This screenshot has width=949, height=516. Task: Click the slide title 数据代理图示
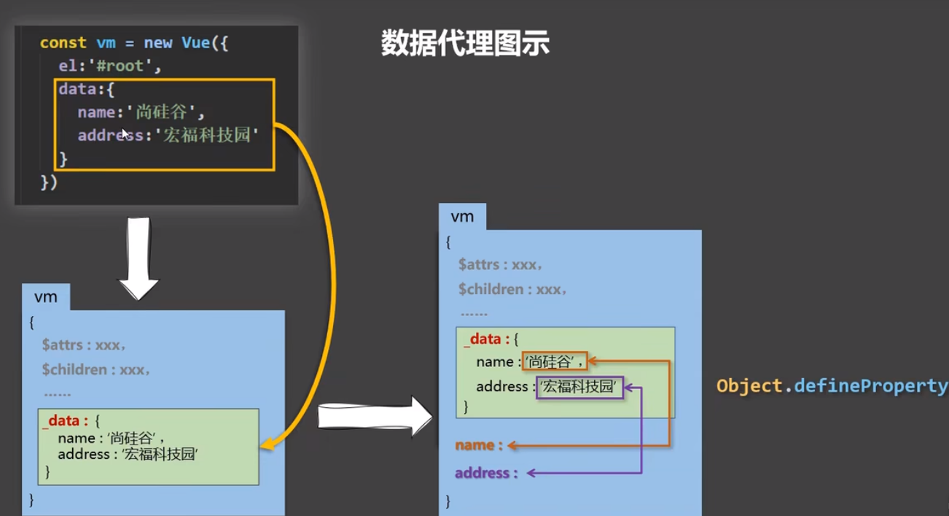pos(465,44)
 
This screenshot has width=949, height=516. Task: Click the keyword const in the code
pos(63,43)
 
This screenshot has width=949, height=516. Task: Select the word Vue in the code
pos(196,43)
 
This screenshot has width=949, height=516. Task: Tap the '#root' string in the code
pos(121,66)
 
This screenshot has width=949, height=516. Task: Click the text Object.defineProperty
pos(832,385)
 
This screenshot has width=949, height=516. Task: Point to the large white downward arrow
pos(138,259)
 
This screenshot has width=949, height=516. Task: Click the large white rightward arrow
pos(375,417)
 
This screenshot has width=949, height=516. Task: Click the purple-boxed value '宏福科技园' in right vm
pos(579,387)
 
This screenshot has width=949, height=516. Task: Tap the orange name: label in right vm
pos(479,445)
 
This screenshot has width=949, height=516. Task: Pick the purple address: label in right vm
pos(486,473)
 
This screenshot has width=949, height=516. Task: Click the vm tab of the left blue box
pos(45,298)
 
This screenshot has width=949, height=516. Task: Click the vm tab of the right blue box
pos(462,217)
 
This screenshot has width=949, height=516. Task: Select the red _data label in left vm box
pos(65,421)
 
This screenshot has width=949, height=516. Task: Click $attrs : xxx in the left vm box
pos(84,345)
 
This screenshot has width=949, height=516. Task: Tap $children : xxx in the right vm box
pos(512,290)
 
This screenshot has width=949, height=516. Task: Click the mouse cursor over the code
pos(125,134)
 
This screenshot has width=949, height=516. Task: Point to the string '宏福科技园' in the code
pos(207,135)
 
